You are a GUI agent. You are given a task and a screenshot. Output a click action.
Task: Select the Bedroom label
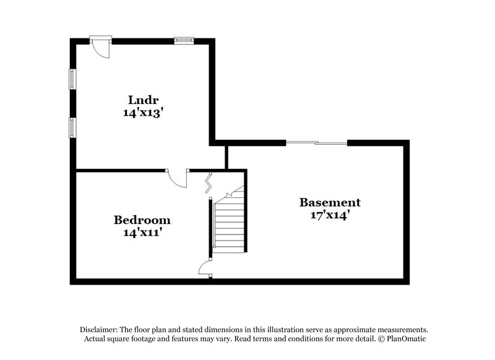coord(142,220)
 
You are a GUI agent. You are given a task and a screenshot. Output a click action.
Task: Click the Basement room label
coord(330,202)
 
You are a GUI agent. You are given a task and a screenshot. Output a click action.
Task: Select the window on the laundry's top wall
coord(184,41)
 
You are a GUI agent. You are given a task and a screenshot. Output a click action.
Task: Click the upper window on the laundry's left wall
coord(72,79)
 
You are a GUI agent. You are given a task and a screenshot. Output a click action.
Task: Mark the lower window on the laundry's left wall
coord(72,126)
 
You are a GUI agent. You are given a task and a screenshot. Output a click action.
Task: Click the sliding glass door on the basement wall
coord(317,144)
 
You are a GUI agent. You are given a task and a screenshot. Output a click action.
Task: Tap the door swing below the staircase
coord(205,267)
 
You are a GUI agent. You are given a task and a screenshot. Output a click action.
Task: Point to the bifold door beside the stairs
coord(210,181)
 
